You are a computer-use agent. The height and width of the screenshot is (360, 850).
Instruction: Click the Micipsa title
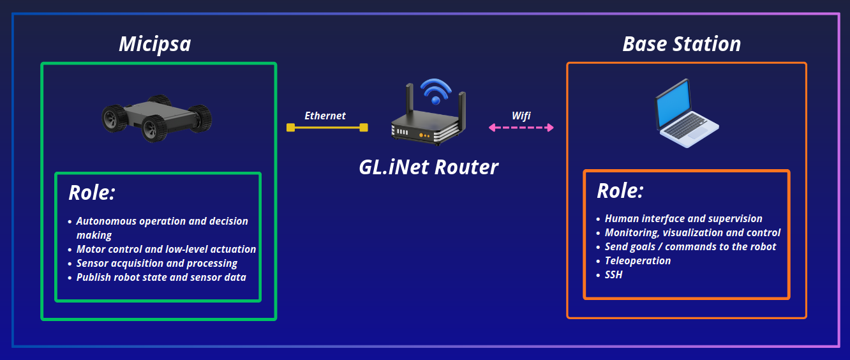[x=155, y=45]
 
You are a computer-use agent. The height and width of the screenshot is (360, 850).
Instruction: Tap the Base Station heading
[x=682, y=44]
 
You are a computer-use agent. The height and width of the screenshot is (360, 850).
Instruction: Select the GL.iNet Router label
[x=428, y=167]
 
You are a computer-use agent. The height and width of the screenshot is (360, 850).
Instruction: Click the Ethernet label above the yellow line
[x=325, y=116]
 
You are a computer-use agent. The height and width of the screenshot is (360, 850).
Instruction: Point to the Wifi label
[x=521, y=116]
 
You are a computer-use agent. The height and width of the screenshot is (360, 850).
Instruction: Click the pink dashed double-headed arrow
[x=521, y=128]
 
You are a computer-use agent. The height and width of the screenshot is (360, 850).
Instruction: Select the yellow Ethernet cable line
[x=327, y=128]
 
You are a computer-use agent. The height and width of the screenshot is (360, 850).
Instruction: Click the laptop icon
[x=687, y=113]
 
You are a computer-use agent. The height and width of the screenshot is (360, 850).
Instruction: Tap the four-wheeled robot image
[x=157, y=118]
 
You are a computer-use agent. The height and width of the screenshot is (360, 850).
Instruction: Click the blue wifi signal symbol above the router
[x=436, y=91]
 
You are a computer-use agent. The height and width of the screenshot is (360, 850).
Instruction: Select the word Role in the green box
[x=92, y=193]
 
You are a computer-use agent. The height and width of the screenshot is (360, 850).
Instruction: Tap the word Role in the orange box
[x=620, y=191]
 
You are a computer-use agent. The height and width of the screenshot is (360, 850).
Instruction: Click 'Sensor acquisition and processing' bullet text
[x=157, y=264]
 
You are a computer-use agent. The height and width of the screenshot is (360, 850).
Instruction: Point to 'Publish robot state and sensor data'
[x=161, y=277]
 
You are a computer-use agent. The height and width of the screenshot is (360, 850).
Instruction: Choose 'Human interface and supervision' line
[x=683, y=219]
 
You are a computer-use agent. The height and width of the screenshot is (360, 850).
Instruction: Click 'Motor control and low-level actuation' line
[x=166, y=249]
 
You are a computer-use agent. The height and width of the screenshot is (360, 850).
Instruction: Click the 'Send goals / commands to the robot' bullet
[x=690, y=247]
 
